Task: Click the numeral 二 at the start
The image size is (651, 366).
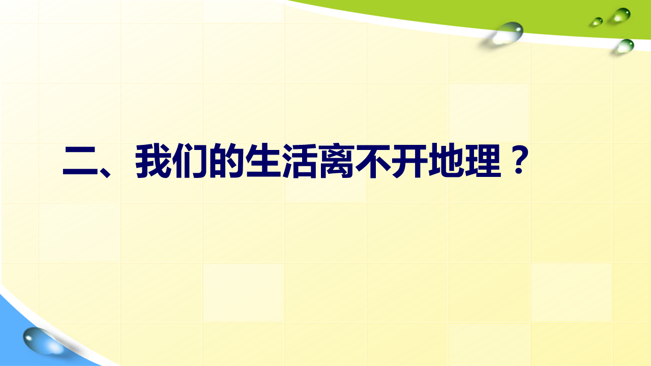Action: tap(80, 161)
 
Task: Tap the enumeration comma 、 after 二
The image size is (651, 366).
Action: tap(105, 172)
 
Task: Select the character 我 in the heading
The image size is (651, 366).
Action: tap(153, 161)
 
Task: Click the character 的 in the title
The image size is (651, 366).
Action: tap(226, 161)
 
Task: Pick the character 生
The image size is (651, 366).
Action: tap(263, 161)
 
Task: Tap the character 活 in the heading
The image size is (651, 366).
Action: tap(300, 161)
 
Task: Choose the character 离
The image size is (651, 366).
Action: tap(336, 161)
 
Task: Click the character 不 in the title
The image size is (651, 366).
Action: tap(373, 161)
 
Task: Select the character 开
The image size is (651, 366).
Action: tap(409, 161)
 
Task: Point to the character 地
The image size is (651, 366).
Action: tap(446, 161)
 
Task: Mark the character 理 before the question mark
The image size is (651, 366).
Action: tap(483, 161)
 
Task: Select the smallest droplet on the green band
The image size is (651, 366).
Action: tap(597, 22)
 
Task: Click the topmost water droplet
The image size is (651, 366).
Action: tap(622, 15)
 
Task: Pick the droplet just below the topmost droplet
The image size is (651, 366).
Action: tap(626, 46)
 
